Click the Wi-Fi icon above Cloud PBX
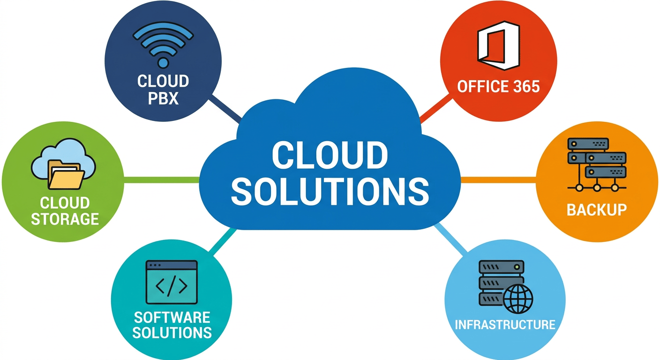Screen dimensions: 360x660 [163, 45]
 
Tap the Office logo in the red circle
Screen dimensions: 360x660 [498, 45]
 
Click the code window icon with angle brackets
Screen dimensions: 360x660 [172, 283]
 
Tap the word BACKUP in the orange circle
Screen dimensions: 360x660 [596, 209]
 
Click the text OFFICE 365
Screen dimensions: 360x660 [498, 87]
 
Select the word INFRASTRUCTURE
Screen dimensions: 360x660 [505, 324]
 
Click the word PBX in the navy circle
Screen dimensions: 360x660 [163, 99]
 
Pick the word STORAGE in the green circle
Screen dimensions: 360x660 [65, 218]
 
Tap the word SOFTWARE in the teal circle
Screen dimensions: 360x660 [172, 317]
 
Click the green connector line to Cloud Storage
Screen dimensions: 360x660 [162, 180]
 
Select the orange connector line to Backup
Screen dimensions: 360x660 [498, 180]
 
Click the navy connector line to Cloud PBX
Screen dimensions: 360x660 [225, 107]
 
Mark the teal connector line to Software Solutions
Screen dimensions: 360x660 [223, 242]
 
